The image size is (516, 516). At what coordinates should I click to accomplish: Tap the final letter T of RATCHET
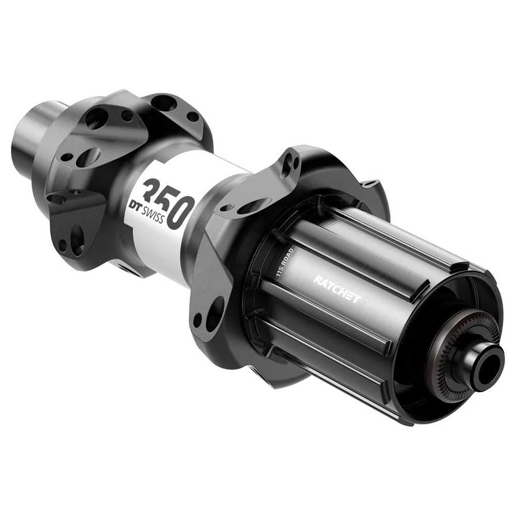click(357, 299)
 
